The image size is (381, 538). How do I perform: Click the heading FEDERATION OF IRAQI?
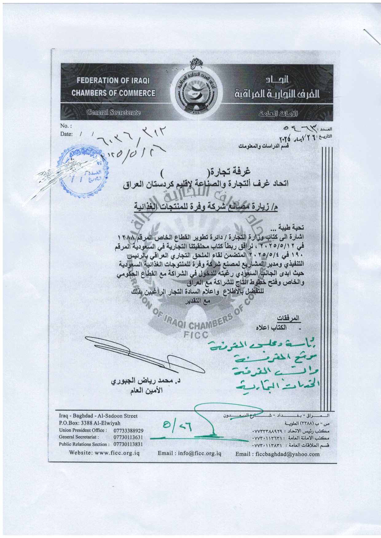coord(113,81)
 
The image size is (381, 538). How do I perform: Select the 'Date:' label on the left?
coord(66,134)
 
